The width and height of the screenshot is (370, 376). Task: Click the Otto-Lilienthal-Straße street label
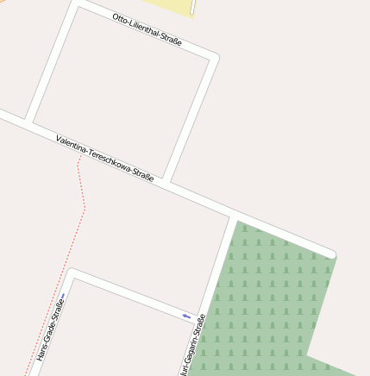[147, 29]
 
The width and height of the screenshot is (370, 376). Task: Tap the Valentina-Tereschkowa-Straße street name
[104, 158]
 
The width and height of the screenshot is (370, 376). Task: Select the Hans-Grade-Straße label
[49, 328]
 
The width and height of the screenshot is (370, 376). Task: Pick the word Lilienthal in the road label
[143, 28]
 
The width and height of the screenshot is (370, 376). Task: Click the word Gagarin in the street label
[191, 348]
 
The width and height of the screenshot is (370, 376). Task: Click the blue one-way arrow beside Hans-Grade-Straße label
[63, 297]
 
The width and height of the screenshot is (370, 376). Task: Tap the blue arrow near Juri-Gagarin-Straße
[186, 316]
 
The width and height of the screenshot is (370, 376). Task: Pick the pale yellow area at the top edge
[172, 6]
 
